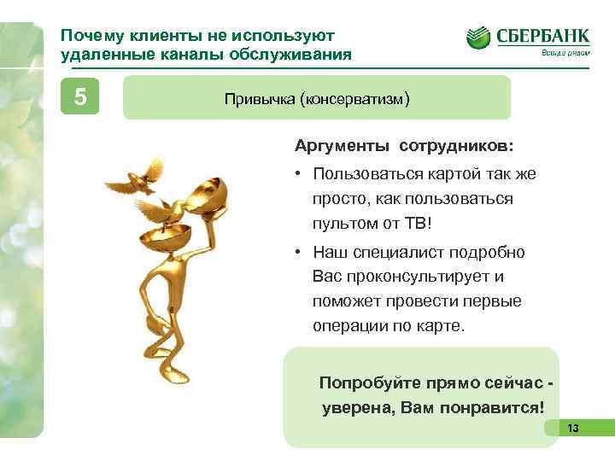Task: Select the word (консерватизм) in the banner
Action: point(354,99)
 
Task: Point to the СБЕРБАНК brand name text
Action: point(541,37)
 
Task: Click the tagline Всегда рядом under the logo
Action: point(565,54)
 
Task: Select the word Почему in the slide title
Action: point(91,36)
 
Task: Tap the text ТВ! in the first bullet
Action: point(419,224)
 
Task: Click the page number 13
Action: point(572,428)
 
